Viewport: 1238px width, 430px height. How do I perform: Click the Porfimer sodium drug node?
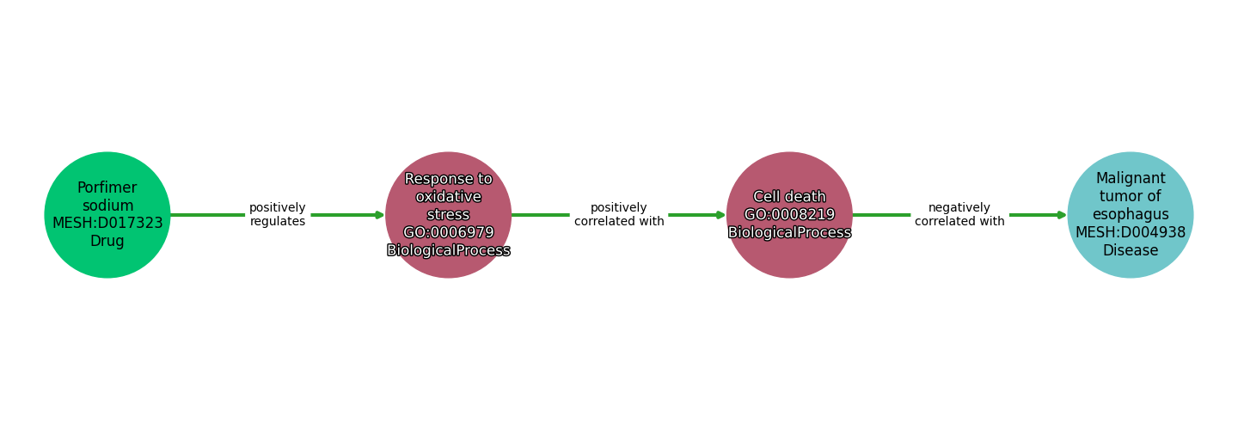coord(107,215)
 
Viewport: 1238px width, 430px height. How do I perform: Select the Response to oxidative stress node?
coord(448,215)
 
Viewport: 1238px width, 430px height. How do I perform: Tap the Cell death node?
coord(789,215)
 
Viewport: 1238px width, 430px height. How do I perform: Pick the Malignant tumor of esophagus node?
coord(1131,215)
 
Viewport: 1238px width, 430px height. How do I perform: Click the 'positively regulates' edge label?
coord(278,214)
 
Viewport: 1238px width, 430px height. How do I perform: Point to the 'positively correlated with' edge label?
coord(619,214)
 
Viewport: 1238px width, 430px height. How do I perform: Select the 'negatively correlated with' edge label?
coord(959,214)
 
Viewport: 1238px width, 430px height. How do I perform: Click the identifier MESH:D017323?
coord(107,223)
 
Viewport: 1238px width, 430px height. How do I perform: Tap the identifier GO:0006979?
coord(448,232)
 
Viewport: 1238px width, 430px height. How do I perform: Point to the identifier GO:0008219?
coord(789,214)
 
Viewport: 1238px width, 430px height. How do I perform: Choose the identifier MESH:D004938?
coord(1131,232)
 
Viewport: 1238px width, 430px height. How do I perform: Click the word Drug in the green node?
coord(107,241)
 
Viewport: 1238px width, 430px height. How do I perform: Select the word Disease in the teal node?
coord(1131,250)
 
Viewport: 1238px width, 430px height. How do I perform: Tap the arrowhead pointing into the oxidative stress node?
coord(380,215)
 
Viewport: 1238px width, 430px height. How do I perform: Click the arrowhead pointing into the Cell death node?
coord(720,215)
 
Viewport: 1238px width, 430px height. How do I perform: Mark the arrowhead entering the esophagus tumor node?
coord(1062,215)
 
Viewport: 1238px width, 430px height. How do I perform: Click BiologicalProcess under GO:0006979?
coord(448,250)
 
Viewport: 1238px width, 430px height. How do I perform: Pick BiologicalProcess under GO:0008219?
coord(789,232)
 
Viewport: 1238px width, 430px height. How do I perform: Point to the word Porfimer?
coord(107,188)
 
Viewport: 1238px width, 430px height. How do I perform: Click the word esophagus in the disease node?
coord(1131,214)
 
